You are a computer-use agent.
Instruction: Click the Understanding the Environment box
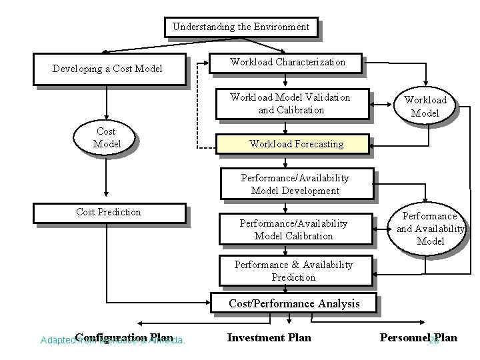[x=241, y=27]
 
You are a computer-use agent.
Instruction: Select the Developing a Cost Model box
[x=107, y=69]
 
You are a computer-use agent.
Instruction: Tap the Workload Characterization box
[x=287, y=62]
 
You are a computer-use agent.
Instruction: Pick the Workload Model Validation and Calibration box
[x=290, y=103]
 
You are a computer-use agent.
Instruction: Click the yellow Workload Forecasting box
[x=295, y=143]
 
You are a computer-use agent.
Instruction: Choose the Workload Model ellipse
[x=425, y=107]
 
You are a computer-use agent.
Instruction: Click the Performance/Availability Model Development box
[x=295, y=184]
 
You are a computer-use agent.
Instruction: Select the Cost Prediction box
[x=109, y=212]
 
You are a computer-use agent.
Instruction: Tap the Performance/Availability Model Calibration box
[x=294, y=229]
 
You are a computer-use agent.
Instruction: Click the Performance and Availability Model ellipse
[x=430, y=229]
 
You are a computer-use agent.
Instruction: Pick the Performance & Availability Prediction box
[x=293, y=271]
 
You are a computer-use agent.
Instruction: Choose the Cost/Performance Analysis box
[x=294, y=303]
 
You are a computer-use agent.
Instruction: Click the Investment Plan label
[x=269, y=337]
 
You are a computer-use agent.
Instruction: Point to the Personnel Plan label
[x=418, y=337]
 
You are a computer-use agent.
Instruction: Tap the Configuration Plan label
[x=124, y=337]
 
